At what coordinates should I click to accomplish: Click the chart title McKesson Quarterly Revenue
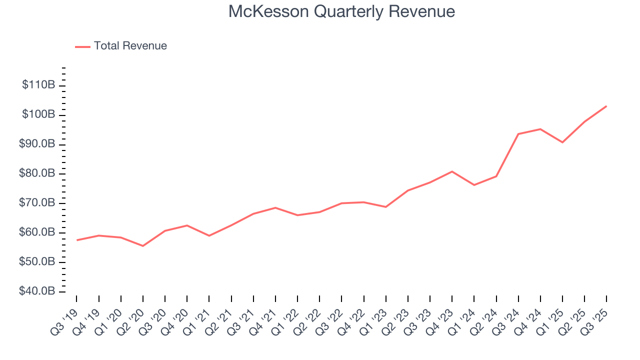(341, 11)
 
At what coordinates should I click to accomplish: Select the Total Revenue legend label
(130, 46)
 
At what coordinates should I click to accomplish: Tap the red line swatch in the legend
(82, 46)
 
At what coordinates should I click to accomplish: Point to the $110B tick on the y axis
(38, 85)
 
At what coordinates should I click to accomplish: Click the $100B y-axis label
(38, 114)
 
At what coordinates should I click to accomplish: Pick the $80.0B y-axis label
(37, 173)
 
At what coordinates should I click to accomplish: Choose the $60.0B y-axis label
(37, 232)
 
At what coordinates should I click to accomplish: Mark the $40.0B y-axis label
(37, 291)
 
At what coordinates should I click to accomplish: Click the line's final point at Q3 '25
(606, 106)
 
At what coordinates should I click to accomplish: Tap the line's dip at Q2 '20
(143, 246)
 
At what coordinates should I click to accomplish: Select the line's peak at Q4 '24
(540, 129)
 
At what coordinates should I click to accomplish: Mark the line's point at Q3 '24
(518, 134)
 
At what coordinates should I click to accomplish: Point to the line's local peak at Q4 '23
(452, 171)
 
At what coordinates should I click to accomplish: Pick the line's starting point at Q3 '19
(77, 240)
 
